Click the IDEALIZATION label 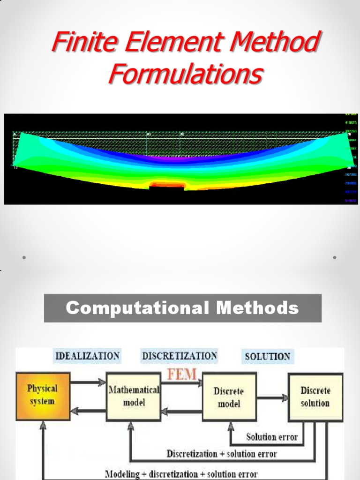click(88, 356)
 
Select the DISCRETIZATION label click(180, 356)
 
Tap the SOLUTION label click(267, 356)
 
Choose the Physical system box click(43, 395)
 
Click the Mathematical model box click(134, 396)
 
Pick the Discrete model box click(229, 397)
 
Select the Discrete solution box click(315, 397)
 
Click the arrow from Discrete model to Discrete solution click(272, 398)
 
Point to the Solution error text click(272, 437)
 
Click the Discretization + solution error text click(222, 454)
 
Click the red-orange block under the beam click(167, 185)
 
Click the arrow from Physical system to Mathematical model click(88, 383)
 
